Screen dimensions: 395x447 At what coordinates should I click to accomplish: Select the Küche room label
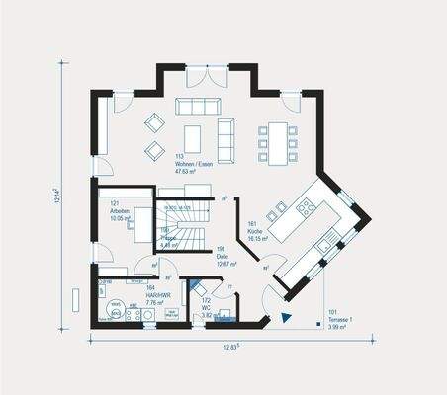coord(259,230)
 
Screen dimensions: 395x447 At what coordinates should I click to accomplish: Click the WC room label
coord(206,307)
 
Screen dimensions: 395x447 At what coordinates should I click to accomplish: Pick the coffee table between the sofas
coord(193,137)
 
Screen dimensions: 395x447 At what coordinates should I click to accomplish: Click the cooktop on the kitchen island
coord(306,207)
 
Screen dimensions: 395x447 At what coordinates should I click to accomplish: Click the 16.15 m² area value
coord(259,238)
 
